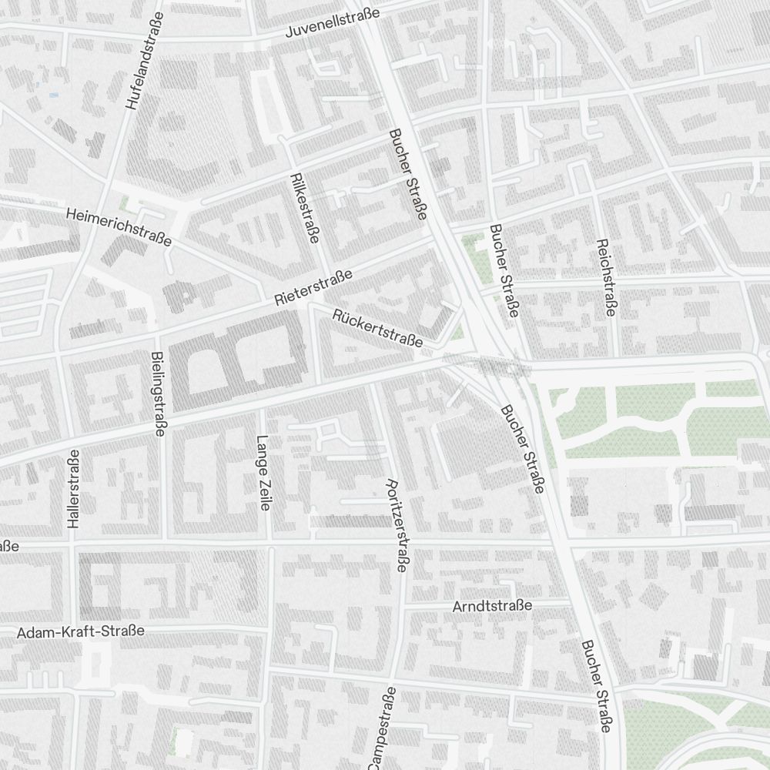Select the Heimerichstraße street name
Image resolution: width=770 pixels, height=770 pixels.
click(119, 226)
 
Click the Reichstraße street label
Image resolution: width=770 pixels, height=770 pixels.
click(606, 277)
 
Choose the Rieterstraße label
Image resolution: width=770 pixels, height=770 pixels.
click(313, 288)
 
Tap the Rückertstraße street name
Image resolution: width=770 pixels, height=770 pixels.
click(377, 328)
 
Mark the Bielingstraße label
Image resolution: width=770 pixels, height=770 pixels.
click(159, 394)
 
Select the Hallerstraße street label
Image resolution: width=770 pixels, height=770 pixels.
click(73, 488)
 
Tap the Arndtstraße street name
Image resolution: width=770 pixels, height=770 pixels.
click(492, 606)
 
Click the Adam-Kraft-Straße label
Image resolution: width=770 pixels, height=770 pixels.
click(81, 632)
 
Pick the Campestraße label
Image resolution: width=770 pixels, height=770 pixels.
click(381, 728)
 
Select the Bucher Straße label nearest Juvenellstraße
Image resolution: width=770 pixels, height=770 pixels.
click(408, 174)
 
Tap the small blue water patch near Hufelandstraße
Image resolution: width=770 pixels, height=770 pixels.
click(53, 95)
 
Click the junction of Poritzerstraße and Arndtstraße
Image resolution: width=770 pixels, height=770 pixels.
click(402, 606)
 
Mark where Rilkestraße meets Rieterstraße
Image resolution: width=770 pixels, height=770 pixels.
click(309, 302)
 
